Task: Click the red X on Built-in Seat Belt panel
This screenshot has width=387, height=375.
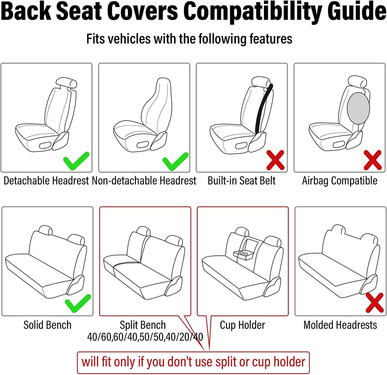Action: [275, 160]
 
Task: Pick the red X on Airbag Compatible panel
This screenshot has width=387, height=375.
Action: [373, 160]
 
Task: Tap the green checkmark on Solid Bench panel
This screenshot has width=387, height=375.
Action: [77, 303]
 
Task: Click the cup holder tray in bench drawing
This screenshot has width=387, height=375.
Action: [244, 254]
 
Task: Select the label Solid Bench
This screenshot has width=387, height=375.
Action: [47, 325]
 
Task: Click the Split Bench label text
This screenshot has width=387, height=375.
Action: [143, 325]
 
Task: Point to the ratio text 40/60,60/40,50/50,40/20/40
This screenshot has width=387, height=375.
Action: [145, 337]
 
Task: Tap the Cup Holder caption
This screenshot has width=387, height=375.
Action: [242, 325]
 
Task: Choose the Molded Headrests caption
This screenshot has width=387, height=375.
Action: [340, 325]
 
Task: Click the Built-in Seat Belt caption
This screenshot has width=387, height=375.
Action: [241, 181]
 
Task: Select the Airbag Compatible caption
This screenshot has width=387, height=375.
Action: [340, 181]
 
